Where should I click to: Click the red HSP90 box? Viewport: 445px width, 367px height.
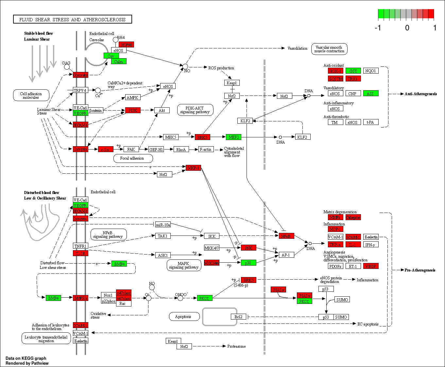point(126,45)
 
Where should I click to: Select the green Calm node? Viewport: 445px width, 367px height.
point(118,61)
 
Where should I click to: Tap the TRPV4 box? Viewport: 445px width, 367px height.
point(80,90)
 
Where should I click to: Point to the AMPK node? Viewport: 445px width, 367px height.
point(132,97)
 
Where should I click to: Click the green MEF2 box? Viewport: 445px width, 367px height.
point(233,137)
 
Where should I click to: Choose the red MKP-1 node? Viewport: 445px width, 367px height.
point(193,168)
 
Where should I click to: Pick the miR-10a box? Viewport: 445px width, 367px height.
point(163,225)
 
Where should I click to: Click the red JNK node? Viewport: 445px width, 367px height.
point(248,248)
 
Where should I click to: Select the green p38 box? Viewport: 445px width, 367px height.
point(248,263)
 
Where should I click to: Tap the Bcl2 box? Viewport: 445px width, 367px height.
point(238,317)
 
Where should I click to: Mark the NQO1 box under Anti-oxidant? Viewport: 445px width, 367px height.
point(370,71)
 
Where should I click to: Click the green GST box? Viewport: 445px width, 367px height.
point(353,71)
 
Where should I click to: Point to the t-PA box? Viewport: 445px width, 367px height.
point(370,122)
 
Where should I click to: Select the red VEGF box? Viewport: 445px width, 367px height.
point(370,266)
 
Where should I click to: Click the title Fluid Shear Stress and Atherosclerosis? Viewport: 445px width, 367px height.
point(72,19)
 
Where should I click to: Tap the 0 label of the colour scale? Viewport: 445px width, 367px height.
point(407,28)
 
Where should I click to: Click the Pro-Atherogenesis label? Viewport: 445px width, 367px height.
point(420,270)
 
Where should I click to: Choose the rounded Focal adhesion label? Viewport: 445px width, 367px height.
point(132,158)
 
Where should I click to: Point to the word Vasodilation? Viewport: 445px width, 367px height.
point(297,48)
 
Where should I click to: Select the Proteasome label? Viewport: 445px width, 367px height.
point(236,346)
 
